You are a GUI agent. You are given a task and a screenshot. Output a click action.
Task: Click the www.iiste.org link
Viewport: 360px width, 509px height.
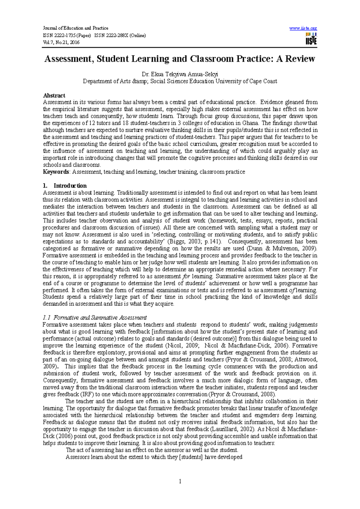[303, 28]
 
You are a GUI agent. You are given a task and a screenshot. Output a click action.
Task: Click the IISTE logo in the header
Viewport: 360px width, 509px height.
[311, 39]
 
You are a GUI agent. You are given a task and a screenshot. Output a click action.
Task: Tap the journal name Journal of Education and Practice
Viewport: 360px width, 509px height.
[76, 28]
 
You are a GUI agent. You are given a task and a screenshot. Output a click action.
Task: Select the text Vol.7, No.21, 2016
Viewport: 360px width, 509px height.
[61, 42]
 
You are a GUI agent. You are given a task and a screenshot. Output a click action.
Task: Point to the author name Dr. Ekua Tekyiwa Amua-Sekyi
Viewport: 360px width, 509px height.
[180, 74]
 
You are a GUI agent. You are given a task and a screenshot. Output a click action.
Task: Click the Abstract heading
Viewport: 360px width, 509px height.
[54, 96]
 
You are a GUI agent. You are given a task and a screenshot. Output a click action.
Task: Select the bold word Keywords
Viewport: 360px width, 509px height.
[56, 172]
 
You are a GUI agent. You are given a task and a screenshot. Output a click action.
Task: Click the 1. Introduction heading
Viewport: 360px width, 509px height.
[65, 186]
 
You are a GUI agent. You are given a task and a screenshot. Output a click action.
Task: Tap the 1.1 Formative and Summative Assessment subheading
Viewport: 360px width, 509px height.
[95, 318]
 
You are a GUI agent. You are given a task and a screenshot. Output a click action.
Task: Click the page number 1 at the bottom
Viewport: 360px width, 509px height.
[180, 482]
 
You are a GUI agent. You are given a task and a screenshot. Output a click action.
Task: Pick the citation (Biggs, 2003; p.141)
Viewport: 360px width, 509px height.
[196, 241]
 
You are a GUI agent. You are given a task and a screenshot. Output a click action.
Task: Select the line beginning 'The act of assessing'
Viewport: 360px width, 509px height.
[152, 450]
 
